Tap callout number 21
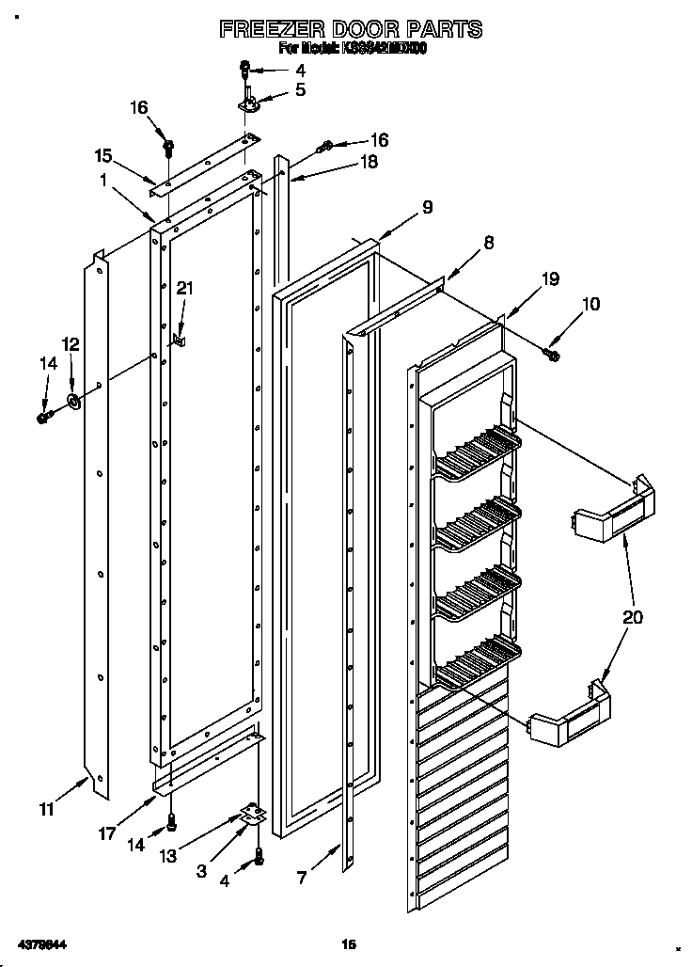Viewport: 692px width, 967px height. pos(184,289)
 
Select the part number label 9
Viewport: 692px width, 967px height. pos(427,208)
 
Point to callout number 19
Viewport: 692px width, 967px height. pos(550,278)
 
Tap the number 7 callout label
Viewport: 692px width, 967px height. pos(302,878)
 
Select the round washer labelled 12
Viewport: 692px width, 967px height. pos(72,403)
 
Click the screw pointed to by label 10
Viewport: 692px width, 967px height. pos(553,353)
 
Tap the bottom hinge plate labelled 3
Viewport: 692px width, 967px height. pos(249,815)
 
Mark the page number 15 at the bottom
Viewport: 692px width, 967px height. pos(349,943)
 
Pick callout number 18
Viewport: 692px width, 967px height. pos(370,162)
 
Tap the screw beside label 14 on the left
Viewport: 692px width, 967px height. pos(42,417)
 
